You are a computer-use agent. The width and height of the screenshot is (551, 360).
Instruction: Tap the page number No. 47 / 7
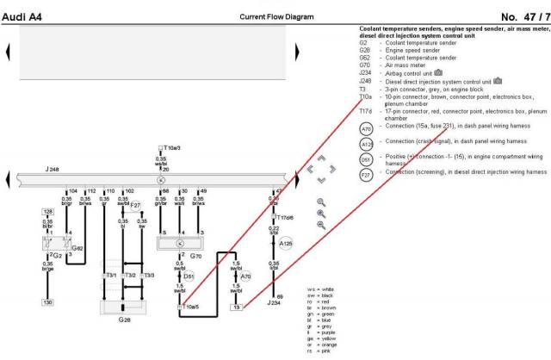click(521, 18)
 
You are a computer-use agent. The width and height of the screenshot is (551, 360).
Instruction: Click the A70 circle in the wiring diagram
click(246, 277)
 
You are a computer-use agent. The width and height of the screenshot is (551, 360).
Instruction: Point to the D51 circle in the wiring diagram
click(189, 276)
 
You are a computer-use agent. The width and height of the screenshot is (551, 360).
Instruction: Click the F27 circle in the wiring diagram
click(135, 206)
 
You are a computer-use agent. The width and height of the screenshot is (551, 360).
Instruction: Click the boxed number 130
click(48, 302)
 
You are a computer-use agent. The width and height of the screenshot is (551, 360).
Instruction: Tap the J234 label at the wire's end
click(275, 303)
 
